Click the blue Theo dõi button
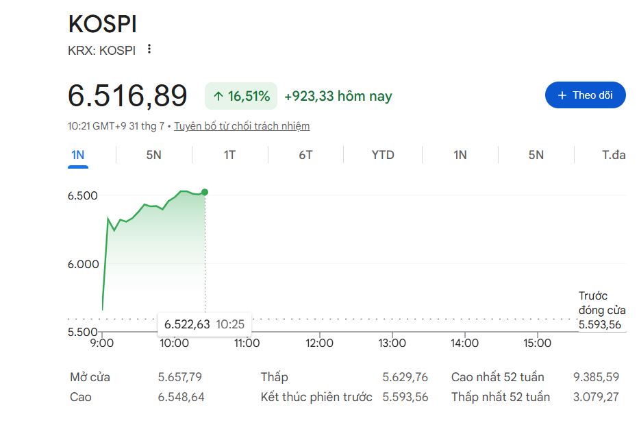(585, 95)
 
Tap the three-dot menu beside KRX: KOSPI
(149, 49)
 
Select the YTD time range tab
(383, 155)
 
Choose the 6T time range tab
(305, 155)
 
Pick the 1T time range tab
(229, 155)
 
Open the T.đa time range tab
(614, 155)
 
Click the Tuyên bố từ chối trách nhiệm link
(242, 126)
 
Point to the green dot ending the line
(205, 192)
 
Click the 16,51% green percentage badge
(241, 96)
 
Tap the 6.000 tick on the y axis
(83, 264)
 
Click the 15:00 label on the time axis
(537, 343)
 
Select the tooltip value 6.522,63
(187, 324)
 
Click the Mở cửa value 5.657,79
(179, 377)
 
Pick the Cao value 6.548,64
(181, 397)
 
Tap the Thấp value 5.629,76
(405, 377)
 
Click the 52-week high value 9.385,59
(596, 377)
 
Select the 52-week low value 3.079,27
(596, 397)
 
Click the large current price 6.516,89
(127, 96)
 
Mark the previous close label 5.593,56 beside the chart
(599, 325)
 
